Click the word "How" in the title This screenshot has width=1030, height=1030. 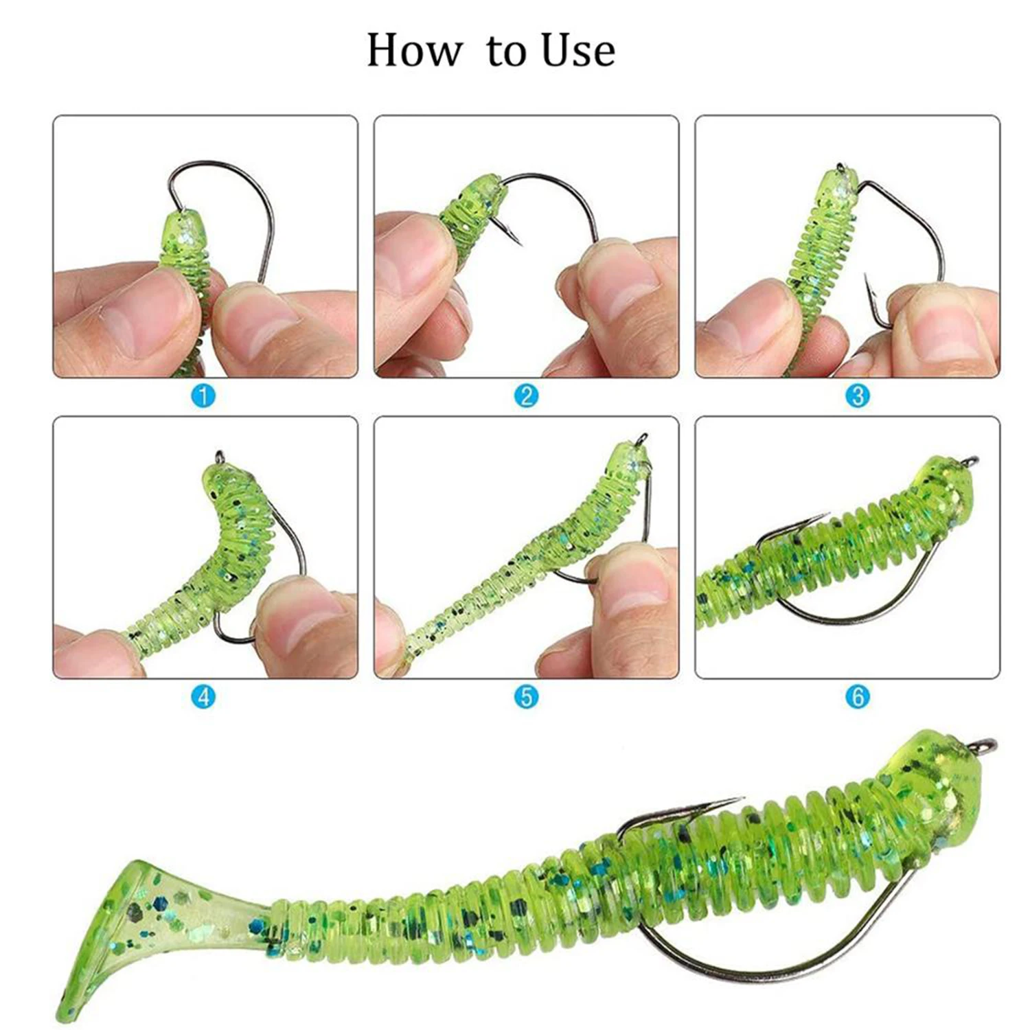coord(414,50)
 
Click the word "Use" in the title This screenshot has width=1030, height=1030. coord(577,50)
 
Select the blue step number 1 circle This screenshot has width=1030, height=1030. coord(204,396)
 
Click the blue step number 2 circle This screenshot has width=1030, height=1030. coord(527,396)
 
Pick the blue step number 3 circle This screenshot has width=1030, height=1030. coord(858,396)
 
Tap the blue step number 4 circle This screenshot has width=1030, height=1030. coord(204,697)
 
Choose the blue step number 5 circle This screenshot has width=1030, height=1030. coord(527,697)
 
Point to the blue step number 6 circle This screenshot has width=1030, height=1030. coord(858,697)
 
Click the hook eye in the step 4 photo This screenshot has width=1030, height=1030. coord(220,455)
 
